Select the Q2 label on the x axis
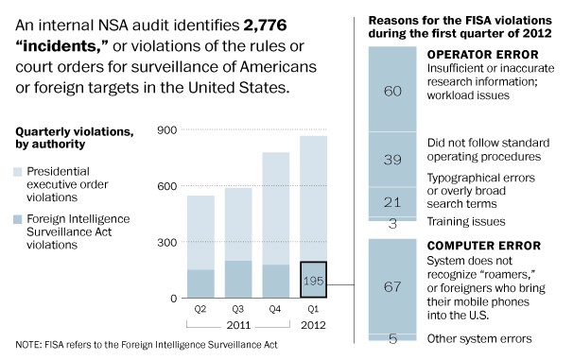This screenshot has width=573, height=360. [x=200, y=308]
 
